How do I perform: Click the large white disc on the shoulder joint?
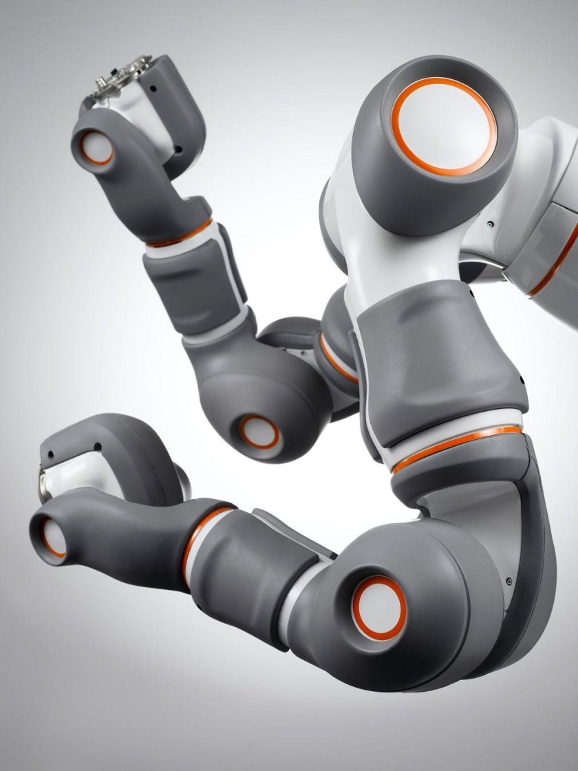point(444,126)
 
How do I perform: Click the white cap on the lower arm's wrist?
point(53,537)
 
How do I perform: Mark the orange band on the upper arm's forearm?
point(180,235)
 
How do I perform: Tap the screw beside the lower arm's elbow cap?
point(509,582)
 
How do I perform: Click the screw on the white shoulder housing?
point(489,224)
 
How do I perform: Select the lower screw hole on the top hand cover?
point(178,147)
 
